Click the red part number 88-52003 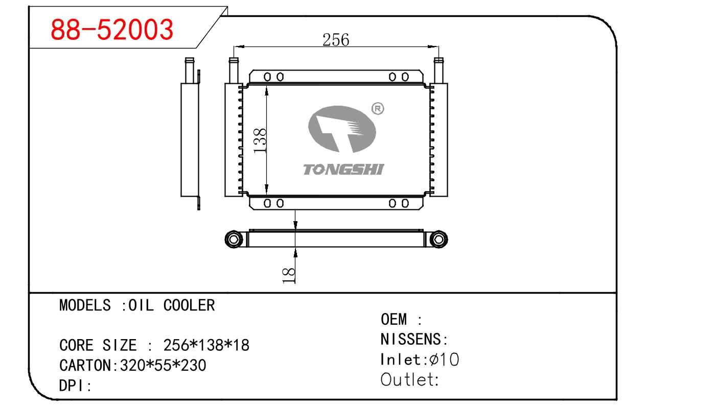tap(112, 30)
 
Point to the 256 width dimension tap(335, 39)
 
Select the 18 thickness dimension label tap(289, 274)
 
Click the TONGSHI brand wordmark tap(343, 170)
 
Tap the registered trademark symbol tap(377, 109)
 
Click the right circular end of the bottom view tap(438, 238)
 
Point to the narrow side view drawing tap(190, 135)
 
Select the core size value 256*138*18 tap(206, 346)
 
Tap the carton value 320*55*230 tap(163, 366)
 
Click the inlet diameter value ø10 tap(444, 360)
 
